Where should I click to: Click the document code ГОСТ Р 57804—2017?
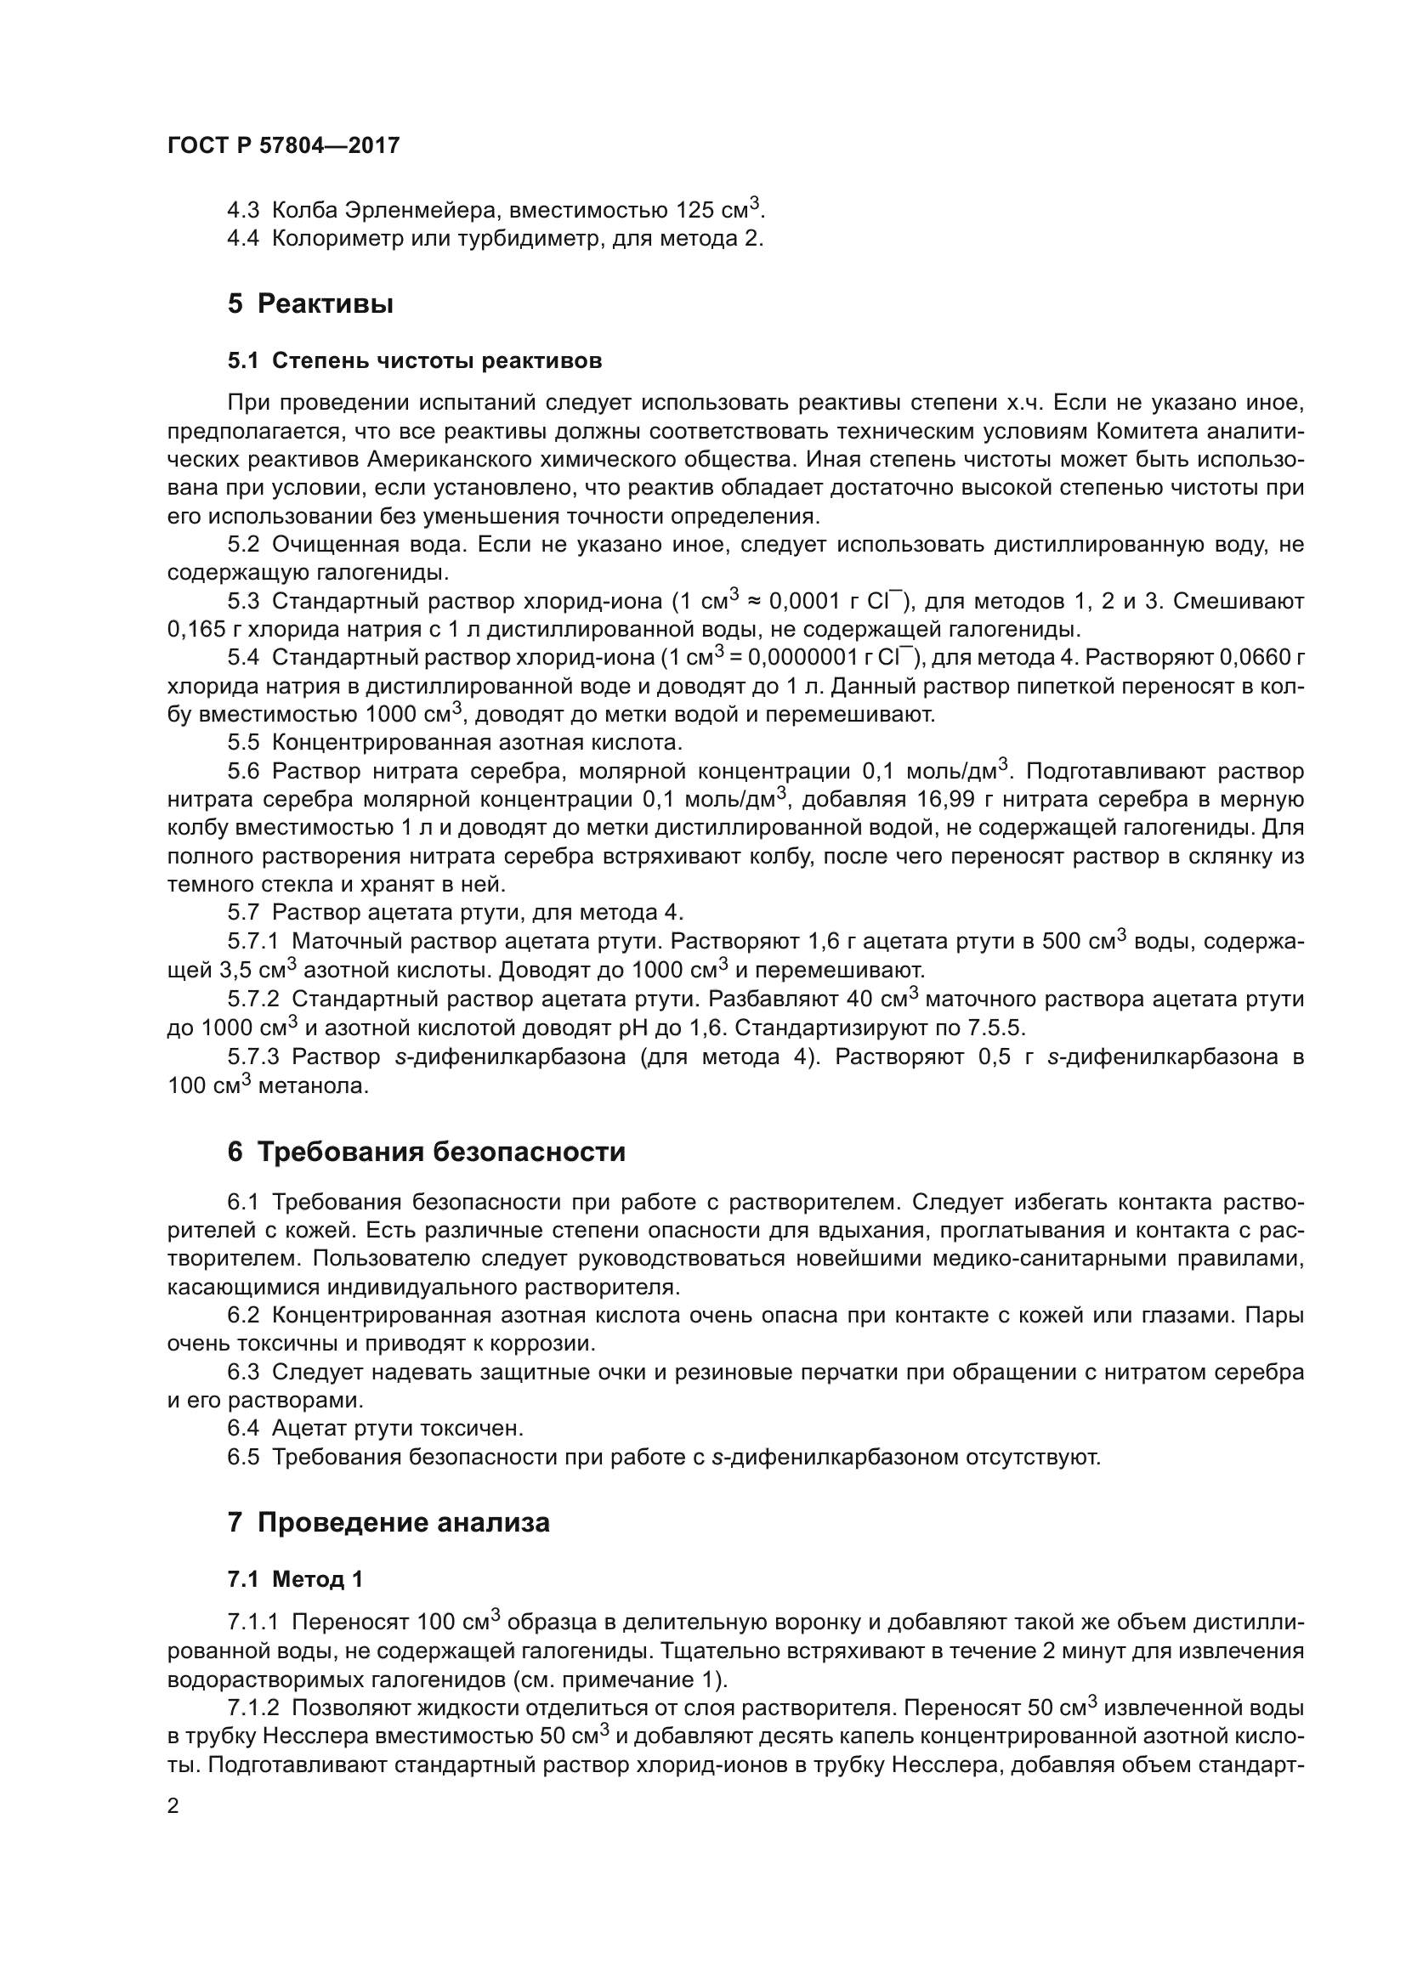click(x=283, y=145)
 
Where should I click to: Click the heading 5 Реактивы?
click(x=311, y=304)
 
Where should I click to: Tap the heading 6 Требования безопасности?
click(x=426, y=1152)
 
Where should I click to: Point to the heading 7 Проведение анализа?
click(x=388, y=1521)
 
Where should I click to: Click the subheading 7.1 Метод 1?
click(x=295, y=1578)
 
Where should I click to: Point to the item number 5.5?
click(x=243, y=742)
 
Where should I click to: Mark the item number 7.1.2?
click(x=253, y=1708)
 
